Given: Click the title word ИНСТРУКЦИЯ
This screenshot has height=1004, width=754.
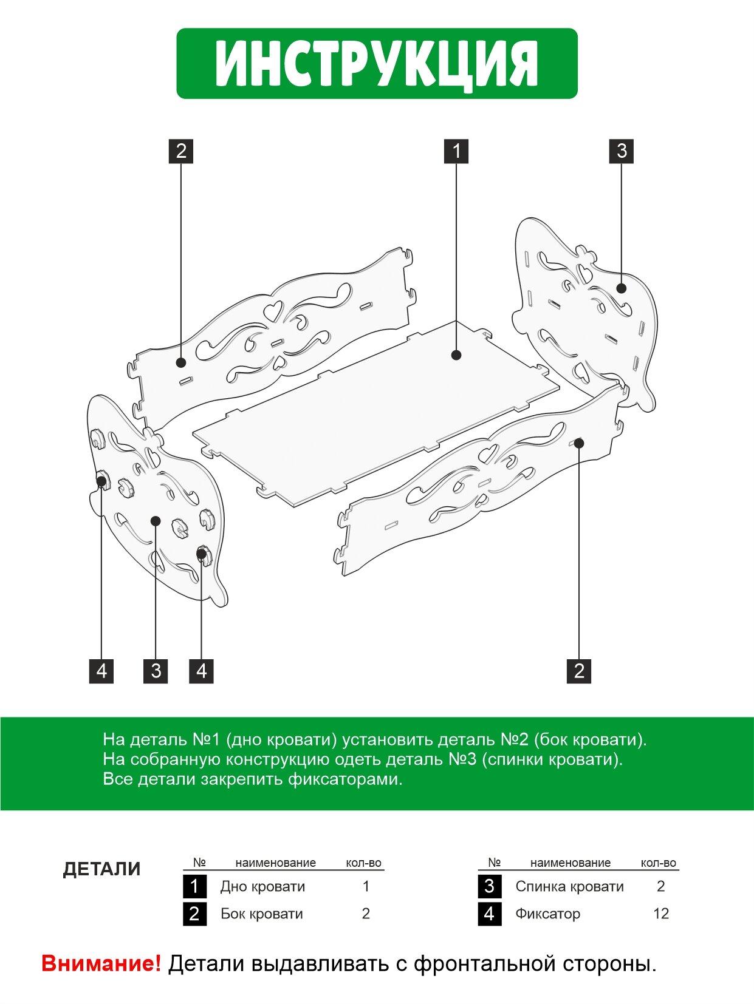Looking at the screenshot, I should pyautogui.click(x=377, y=64).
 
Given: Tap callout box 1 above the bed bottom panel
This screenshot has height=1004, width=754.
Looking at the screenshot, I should pyautogui.click(x=456, y=151).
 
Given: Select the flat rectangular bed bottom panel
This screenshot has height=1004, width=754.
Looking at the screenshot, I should pyautogui.click(x=377, y=413).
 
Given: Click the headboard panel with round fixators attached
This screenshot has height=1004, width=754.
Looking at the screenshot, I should pyautogui.click(x=156, y=498).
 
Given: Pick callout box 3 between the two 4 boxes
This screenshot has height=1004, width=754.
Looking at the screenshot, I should pyautogui.click(x=156, y=671).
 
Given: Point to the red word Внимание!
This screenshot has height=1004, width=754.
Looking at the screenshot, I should pyautogui.click(x=101, y=963).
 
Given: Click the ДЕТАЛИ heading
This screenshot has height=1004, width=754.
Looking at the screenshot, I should pyautogui.click(x=101, y=869).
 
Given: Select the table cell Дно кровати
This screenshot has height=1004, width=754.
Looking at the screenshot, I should pyautogui.click(x=262, y=886).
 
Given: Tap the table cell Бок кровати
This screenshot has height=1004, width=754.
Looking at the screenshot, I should pyautogui.click(x=261, y=914).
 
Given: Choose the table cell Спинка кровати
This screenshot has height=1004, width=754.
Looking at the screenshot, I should pyautogui.click(x=569, y=886).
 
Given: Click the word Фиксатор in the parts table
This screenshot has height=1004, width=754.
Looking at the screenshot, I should pyautogui.click(x=547, y=914).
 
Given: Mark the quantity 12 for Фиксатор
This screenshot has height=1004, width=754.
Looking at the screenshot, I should pyautogui.click(x=661, y=914).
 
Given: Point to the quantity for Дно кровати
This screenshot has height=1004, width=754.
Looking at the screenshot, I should pyautogui.click(x=366, y=886).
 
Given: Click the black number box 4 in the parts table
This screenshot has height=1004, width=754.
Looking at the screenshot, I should pyautogui.click(x=490, y=914).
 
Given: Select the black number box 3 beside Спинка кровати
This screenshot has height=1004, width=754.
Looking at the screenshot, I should pyautogui.click(x=490, y=886).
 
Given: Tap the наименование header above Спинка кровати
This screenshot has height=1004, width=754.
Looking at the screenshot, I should pyautogui.click(x=570, y=863).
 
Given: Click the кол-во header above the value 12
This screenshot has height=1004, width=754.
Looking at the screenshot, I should pyautogui.click(x=659, y=863).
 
